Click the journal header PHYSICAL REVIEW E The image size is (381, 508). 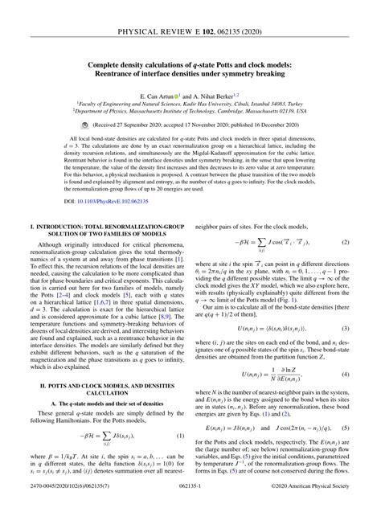[165, 11]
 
